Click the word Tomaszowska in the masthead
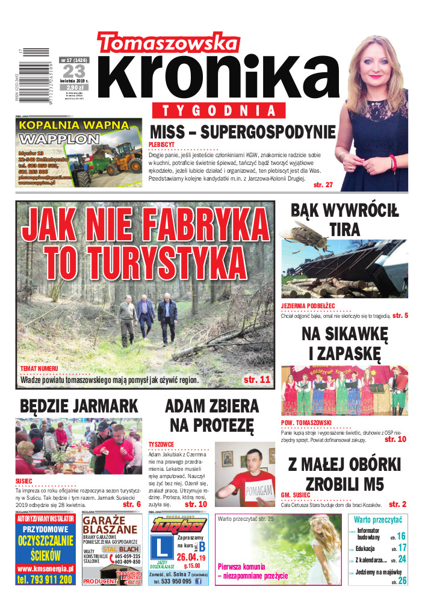pyautogui.click(x=169, y=43)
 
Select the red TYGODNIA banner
pyautogui.click(x=223, y=111)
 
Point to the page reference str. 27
pyautogui.click(x=323, y=185)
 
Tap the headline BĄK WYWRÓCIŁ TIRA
pyautogui.click(x=344, y=219)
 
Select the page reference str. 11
pyautogui.click(x=257, y=380)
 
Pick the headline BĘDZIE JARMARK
pyautogui.click(x=79, y=406)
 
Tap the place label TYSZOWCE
pyautogui.click(x=162, y=444)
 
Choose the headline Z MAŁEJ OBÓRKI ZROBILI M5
pyautogui.click(x=344, y=474)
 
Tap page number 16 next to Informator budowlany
pyautogui.click(x=401, y=536)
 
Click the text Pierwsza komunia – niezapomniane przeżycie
pyautogui.click(x=253, y=571)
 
